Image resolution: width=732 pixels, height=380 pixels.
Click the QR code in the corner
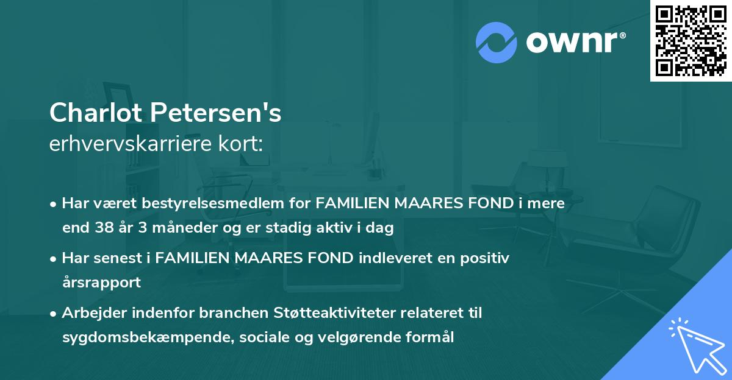coord(690,40)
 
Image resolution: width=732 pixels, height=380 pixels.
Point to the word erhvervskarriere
coord(127,144)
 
